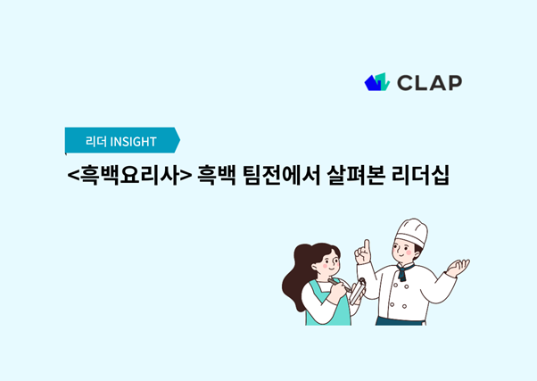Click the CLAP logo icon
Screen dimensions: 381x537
coord(377,82)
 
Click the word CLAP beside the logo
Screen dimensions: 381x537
coord(429,83)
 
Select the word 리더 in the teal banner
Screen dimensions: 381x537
coord(96,141)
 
